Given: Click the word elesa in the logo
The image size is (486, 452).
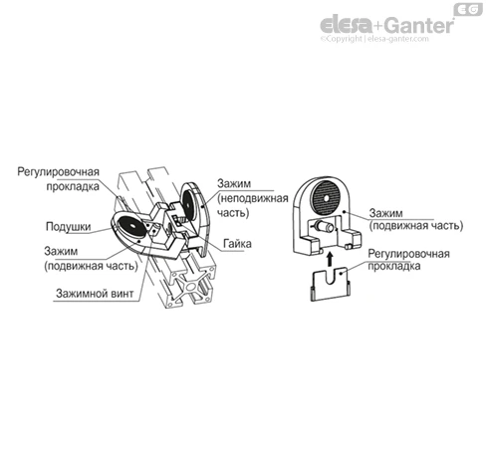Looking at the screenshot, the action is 347,25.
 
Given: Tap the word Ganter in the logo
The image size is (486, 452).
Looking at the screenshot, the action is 419,25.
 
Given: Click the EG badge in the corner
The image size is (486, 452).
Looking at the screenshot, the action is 468,9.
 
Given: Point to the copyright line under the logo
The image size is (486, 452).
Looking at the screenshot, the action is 374,39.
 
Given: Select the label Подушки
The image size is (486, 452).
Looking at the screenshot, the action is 68,227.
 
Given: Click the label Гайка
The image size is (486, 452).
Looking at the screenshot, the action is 237,244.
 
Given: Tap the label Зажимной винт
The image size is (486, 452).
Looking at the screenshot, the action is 95,294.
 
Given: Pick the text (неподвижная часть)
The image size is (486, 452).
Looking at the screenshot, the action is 252,205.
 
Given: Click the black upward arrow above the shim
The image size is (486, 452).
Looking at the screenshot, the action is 329,259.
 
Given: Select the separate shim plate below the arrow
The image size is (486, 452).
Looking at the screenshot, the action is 330,284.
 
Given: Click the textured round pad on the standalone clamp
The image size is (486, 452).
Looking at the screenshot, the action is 326,198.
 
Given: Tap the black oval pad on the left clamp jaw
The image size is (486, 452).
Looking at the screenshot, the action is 132,226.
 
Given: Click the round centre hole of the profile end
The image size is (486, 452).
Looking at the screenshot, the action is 191,286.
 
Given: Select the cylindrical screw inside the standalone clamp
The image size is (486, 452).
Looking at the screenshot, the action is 325,227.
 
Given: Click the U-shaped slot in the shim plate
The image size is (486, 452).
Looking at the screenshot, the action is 331,276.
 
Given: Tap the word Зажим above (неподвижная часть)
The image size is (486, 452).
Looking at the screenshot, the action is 234,183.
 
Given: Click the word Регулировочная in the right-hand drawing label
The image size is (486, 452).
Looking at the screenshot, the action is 408,254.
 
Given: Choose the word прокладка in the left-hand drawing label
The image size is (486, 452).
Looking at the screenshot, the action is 73,186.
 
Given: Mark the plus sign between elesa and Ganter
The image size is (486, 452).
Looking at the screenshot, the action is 379,26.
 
